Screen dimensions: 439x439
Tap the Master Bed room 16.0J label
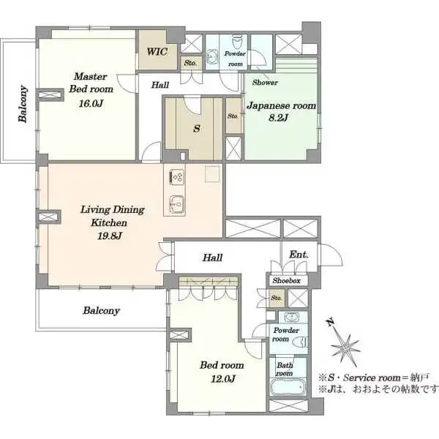[x=89, y=89]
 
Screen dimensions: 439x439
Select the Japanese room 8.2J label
[x=281, y=112]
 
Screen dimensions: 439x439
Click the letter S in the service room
[x=195, y=129]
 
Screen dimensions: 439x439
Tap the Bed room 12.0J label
[x=223, y=370]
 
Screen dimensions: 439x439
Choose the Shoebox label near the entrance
[x=286, y=281]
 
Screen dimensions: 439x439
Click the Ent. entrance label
[x=299, y=255]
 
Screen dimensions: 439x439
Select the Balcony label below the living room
[x=101, y=310]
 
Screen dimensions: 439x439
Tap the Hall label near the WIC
[x=161, y=85]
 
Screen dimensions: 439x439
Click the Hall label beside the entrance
[x=212, y=258]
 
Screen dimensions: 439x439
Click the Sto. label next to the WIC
[x=190, y=62]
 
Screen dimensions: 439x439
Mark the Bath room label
[x=284, y=368]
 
